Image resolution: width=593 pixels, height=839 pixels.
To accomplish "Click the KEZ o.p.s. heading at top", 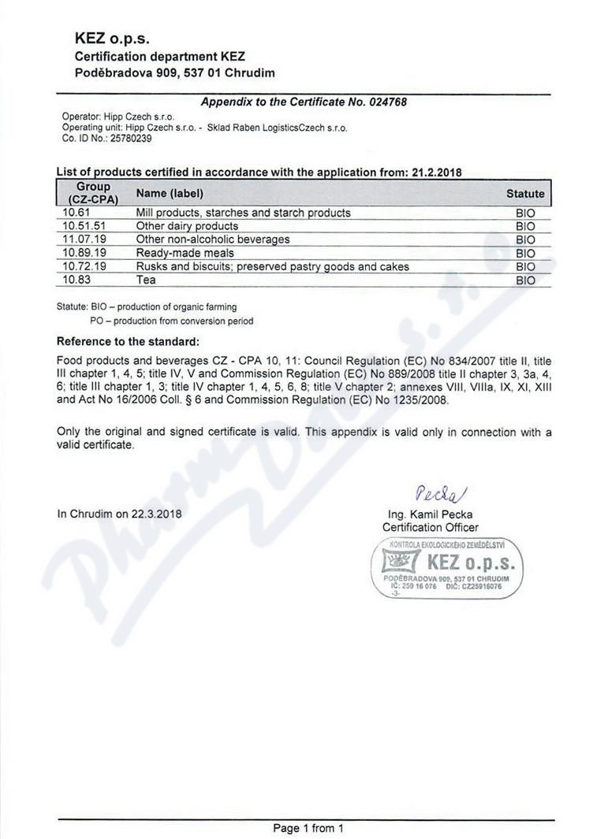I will click(x=112, y=38).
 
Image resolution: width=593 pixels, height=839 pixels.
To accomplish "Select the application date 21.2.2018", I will click(x=435, y=173).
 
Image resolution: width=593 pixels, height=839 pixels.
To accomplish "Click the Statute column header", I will click(x=524, y=193).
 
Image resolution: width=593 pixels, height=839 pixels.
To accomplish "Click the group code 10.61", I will click(x=76, y=213).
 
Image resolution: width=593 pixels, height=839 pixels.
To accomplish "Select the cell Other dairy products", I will click(x=187, y=226).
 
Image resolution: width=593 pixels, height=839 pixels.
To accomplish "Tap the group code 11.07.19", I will click(x=83, y=239).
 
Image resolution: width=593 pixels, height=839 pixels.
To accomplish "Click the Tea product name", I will click(x=146, y=280).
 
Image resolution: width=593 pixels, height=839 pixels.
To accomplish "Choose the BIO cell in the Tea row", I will click(x=524, y=280).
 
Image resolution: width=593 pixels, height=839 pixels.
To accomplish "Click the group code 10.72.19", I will click(x=83, y=266).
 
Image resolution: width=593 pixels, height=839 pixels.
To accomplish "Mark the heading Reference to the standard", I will click(x=128, y=342).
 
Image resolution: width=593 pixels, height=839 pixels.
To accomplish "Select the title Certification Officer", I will click(x=430, y=527).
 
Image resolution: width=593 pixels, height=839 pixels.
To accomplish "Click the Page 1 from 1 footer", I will click(x=308, y=828).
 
